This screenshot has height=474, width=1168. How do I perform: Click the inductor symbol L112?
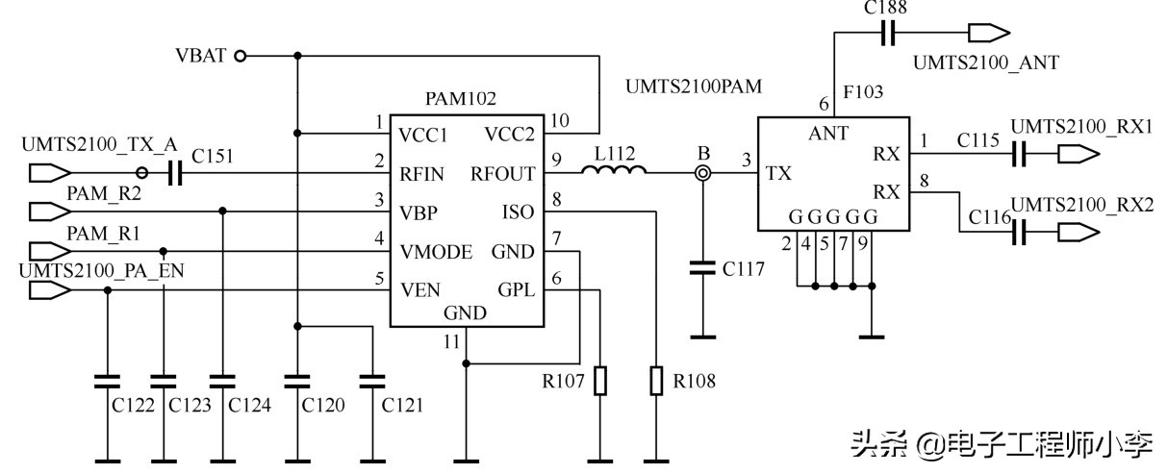click(614, 172)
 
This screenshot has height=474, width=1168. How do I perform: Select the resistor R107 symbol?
click(600, 381)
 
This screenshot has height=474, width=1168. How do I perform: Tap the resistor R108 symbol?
click(656, 381)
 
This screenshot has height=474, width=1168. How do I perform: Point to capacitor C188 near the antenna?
click(888, 35)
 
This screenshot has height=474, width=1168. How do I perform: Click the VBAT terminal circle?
click(241, 55)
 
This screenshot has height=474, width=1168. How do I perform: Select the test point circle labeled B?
click(703, 174)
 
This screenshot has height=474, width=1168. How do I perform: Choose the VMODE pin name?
click(436, 252)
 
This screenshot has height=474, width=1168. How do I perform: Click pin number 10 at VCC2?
click(560, 120)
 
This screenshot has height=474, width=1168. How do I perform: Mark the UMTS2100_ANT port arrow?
click(981, 35)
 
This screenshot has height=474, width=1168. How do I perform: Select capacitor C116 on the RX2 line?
click(1021, 231)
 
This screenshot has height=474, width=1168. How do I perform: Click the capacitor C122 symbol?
click(107, 381)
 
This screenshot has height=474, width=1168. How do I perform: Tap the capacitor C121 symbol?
click(371, 381)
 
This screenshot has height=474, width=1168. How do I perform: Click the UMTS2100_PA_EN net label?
click(101, 271)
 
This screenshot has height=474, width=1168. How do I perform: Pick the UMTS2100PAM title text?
click(693, 87)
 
